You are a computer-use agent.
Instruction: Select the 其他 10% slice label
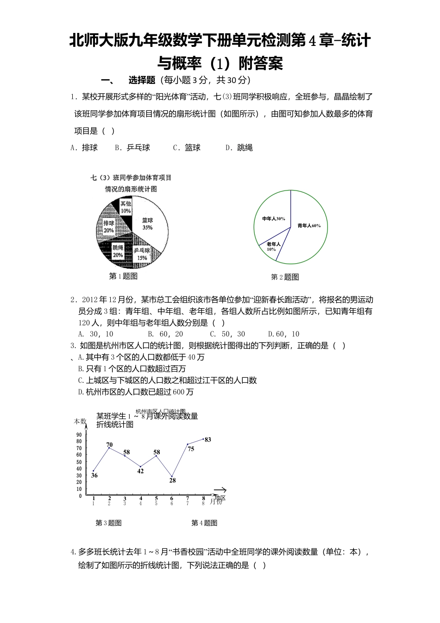[x=126, y=207]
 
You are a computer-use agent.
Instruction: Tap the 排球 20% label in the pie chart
[x=108, y=227]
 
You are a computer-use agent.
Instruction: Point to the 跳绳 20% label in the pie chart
[x=118, y=251]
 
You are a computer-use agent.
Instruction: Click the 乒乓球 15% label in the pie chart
[x=142, y=254]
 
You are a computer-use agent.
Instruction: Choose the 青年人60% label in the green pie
[x=308, y=226]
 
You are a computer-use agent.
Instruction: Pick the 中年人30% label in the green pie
[x=273, y=218]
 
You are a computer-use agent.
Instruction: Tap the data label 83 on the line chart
[x=207, y=439]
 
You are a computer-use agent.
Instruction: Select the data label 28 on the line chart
[x=172, y=480]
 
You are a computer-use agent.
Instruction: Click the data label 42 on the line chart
[x=140, y=471]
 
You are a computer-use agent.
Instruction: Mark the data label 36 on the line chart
[x=94, y=475]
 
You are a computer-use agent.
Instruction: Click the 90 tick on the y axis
[x=79, y=434]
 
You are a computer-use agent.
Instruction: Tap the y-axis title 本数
[x=80, y=421]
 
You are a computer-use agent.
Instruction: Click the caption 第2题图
[x=285, y=277]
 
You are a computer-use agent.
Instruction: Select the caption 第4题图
[x=204, y=523]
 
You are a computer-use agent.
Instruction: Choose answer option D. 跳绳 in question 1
[x=239, y=148]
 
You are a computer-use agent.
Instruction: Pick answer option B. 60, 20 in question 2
[x=165, y=334]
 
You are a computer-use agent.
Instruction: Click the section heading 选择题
[x=141, y=80]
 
